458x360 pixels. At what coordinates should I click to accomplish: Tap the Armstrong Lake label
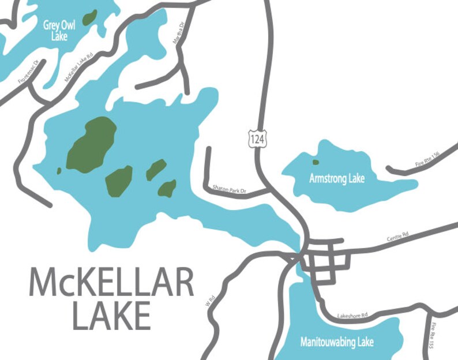[x=337, y=178]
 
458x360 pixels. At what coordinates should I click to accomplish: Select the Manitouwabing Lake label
[x=337, y=342]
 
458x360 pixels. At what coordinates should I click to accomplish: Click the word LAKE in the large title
[x=111, y=316]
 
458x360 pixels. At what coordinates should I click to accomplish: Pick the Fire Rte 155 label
[x=434, y=338]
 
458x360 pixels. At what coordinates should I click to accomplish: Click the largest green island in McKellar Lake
[x=92, y=144]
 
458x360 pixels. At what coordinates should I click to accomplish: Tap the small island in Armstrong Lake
[x=316, y=162]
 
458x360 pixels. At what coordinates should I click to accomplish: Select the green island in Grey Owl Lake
[x=89, y=17]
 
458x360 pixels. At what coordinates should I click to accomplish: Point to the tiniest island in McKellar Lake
[x=59, y=171]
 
